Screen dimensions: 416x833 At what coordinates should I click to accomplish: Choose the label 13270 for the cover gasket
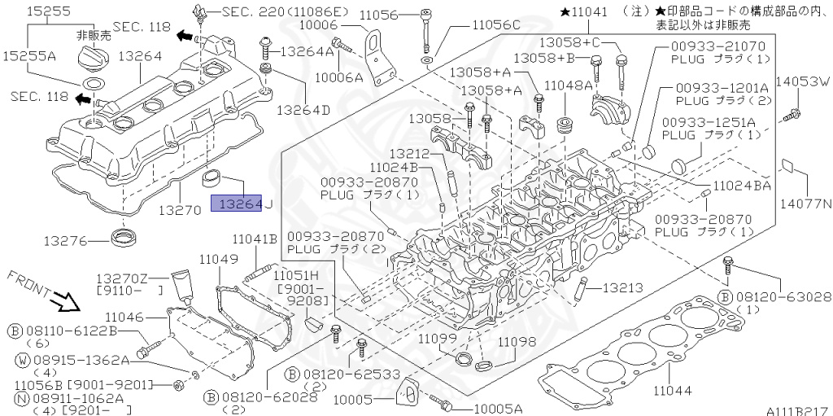(x=179, y=209)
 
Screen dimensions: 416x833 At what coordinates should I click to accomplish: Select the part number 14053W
(x=802, y=82)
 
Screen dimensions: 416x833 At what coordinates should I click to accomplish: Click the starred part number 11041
(x=584, y=13)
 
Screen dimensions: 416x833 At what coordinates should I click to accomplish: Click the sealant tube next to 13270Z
(x=181, y=284)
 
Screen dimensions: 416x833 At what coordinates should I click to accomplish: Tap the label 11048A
(x=568, y=84)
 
